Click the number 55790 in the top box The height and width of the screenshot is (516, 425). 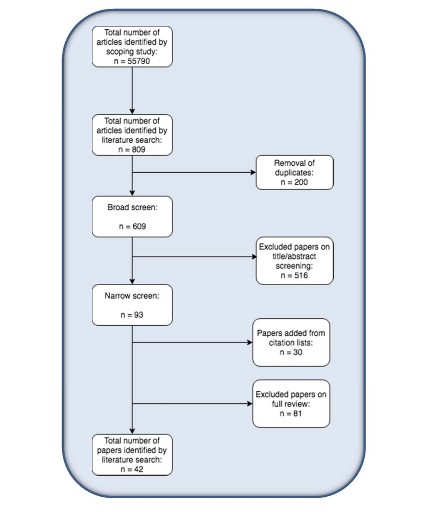[138, 61]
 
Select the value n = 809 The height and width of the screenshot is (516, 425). [132, 149]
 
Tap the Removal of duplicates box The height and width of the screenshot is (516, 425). [294, 172]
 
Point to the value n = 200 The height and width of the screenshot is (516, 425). [294, 182]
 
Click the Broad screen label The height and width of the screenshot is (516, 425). [132, 207]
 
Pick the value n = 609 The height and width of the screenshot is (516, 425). [132, 226]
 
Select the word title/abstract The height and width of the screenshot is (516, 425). [294, 256]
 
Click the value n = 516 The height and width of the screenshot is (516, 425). [294, 275]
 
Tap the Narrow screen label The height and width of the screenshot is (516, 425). [132, 296]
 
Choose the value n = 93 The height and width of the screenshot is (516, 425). [132, 315]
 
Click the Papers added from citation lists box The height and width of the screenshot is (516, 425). [291, 342]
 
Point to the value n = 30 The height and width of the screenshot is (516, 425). [291, 352]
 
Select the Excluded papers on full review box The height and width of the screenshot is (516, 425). [291, 403]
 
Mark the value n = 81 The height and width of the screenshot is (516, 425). [291, 414]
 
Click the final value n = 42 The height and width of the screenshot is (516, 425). [132, 469]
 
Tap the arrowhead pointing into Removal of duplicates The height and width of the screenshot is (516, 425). [253, 172]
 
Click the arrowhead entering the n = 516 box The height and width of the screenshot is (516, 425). [254, 257]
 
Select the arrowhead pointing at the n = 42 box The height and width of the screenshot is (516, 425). [132, 431]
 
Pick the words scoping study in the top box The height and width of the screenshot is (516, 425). [131, 52]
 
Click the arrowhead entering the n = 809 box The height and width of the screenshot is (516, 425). [132, 111]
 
